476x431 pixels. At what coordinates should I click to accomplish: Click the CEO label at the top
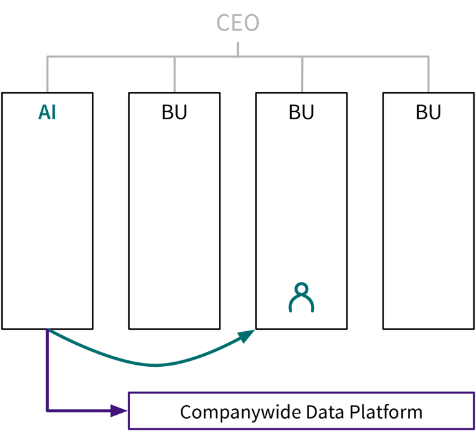tap(238, 23)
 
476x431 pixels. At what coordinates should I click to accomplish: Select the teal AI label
tap(47, 112)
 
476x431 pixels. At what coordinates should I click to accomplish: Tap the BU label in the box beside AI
tap(174, 112)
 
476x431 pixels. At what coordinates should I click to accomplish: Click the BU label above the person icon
tap(301, 112)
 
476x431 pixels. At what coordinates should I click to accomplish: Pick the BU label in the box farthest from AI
tap(428, 112)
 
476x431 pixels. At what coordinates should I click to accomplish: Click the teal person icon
tap(301, 297)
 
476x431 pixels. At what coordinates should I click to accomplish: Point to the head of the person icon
tap(301, 290)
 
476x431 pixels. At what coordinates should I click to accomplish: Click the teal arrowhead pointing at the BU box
tap(247, 336)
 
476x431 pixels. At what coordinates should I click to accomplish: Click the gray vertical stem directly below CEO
tap(238, 49)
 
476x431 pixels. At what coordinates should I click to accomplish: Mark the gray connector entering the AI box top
tap(47, 78)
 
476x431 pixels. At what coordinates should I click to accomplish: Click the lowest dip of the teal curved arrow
tap(155, 366)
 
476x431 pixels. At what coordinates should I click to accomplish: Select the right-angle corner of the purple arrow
tap(48, 410)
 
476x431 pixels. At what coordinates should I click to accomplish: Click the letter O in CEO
tap(251, 23)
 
